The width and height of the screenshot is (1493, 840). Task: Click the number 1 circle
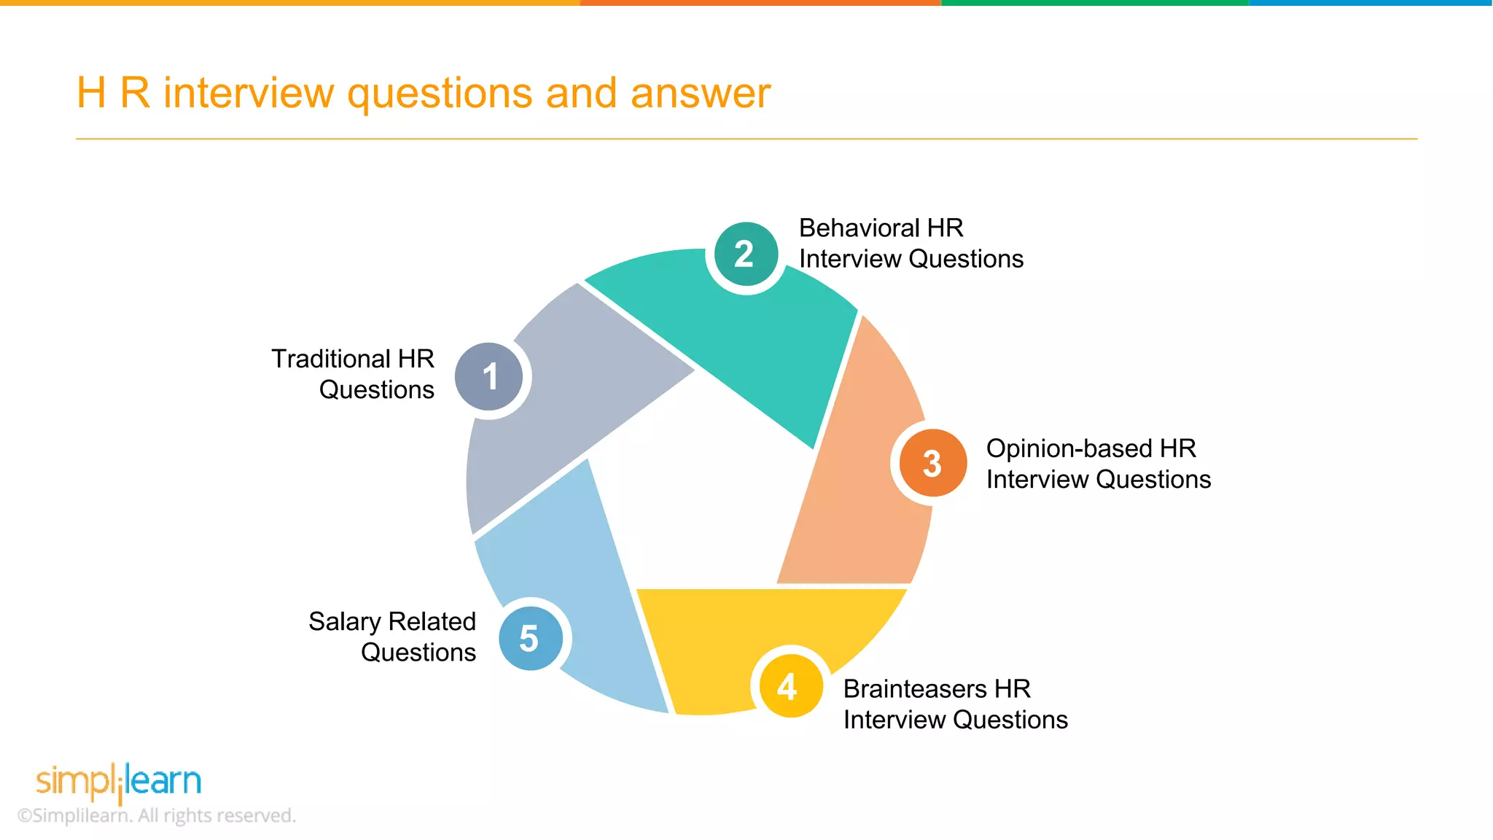tap(489, 376)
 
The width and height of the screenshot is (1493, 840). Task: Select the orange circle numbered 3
tap(932, 463)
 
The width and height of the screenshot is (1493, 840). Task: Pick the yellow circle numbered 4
tap(790, 686)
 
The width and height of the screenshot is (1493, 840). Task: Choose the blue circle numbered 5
tap(530, 638)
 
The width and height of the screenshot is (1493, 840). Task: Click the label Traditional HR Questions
tap(354, 374)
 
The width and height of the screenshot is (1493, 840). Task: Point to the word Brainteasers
tap(914, 689)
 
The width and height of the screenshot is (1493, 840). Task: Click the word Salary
tap(344, 622)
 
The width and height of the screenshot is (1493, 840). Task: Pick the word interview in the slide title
tap(248, 93)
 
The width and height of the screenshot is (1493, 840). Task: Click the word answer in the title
tap(700, 93)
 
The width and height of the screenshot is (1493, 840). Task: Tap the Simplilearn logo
tap(119, 781)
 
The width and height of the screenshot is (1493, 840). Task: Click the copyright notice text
tap(157, 815)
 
